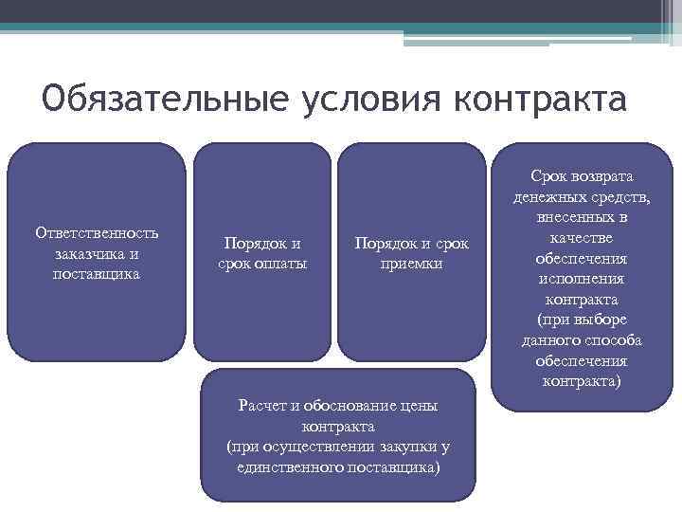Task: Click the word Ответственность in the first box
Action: (x=97, y=233)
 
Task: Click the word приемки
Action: (x=411, y=263)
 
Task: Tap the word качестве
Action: (x=582, y=238)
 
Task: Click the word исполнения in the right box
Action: (x=582, y=280)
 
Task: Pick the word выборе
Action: (x=600, y=320)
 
